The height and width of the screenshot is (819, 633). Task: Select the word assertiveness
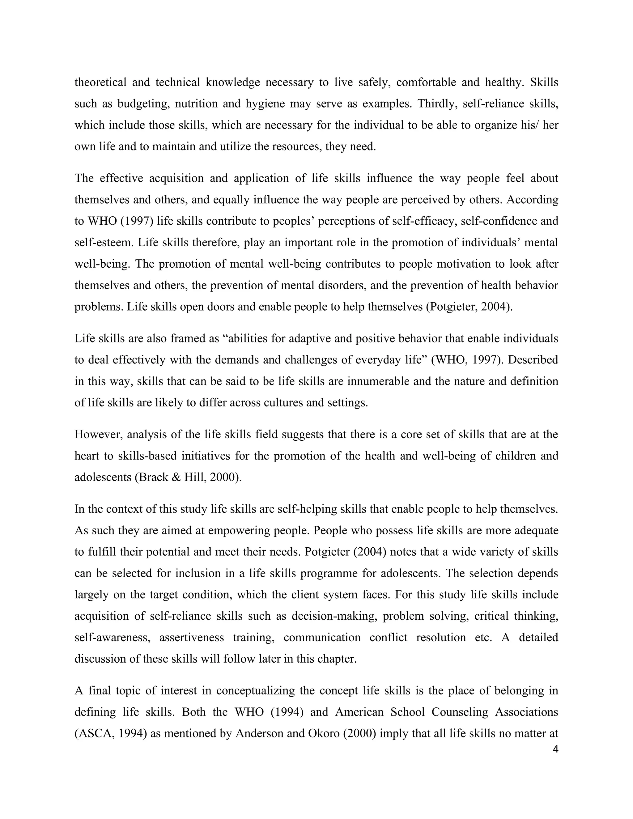coord(192,638)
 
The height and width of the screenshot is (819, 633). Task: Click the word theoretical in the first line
coord(101,82)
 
